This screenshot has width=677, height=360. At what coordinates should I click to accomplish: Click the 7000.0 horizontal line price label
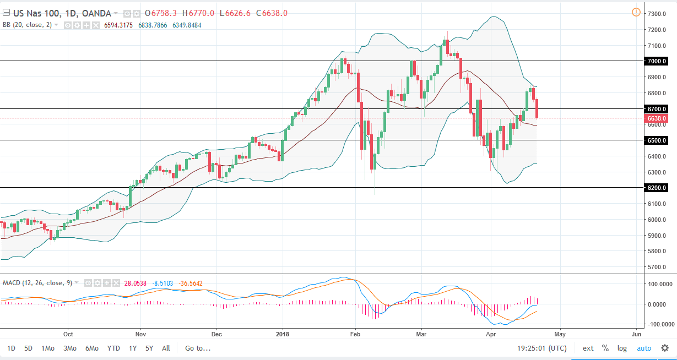point(657,61)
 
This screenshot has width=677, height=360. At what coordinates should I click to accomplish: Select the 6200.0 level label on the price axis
point(657,188)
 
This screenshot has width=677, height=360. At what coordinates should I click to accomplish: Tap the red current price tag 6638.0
point(657,118)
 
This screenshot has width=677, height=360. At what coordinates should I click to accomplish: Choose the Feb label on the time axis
point(355,334)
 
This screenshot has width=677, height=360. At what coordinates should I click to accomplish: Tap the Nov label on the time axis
point(140,334)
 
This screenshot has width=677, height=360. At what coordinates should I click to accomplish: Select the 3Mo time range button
point(69,348)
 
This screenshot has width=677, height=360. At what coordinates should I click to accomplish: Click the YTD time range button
point(113,348)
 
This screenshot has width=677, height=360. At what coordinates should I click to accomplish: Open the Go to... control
point(198,348)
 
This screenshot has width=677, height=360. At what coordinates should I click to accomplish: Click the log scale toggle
point(622,348)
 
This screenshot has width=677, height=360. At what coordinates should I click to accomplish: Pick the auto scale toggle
point(644,348)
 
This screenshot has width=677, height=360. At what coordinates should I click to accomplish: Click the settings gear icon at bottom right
point(665,348)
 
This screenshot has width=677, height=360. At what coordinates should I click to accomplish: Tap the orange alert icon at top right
point(636,12)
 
